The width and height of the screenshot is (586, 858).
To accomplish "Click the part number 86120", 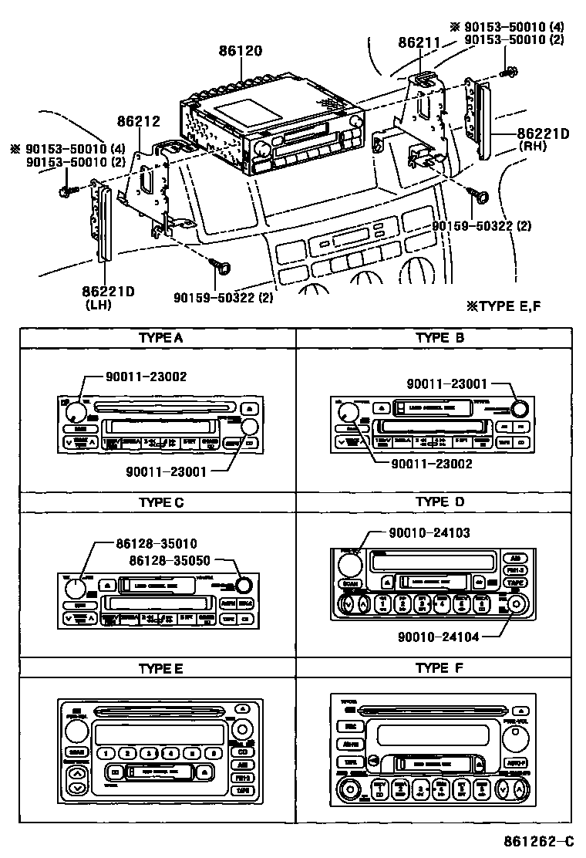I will [240, 52].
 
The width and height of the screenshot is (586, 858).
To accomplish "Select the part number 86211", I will [419, 45].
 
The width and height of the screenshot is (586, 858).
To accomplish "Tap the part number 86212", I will [139, 121].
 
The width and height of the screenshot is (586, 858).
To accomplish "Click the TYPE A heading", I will [160, 338].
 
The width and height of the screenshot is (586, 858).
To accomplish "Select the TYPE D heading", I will [439, 502].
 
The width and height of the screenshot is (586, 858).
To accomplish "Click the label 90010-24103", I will [429, 532].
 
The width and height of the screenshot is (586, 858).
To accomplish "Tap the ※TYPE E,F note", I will [503, 306].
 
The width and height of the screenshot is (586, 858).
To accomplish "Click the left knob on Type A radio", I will [74, 410].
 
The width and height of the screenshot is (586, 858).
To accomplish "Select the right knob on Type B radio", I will [520, 409].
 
